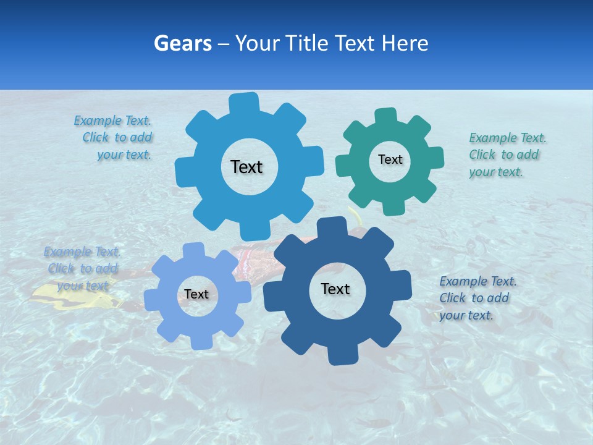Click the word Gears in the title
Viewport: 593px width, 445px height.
pos(183,43)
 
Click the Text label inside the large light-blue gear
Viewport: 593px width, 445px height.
pos(246,167)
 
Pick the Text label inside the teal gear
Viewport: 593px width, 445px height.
pos(390,159)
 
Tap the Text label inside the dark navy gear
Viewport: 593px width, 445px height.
pos(335,289)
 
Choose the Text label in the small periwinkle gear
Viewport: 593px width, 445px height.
pos(196,294)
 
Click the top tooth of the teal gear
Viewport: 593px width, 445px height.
pos(385,116)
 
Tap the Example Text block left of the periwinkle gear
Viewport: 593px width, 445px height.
pos(82,268)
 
